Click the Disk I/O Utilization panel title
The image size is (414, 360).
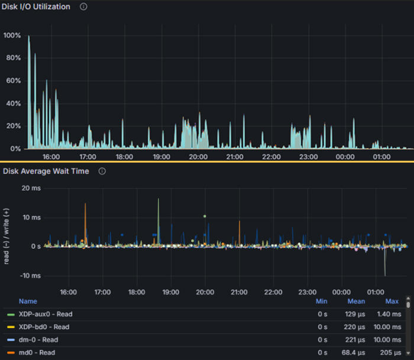(36, 7)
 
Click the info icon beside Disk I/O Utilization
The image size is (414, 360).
(83, 7)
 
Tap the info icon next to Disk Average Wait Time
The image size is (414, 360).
(102, 171)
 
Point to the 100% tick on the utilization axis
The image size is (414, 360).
(12, 35)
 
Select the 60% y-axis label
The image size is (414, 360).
(13, 80)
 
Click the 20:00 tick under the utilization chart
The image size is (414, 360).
(198, 157)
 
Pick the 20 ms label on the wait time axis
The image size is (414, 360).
(31, 188)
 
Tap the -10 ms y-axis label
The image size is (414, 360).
(30, 275)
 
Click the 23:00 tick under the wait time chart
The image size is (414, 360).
(308, 292)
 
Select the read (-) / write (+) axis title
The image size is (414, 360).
(7, 236)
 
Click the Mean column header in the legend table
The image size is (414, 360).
(356, 301)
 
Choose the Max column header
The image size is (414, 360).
(392, 301)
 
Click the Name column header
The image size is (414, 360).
(28, 301)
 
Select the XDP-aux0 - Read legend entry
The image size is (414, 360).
(46, 314)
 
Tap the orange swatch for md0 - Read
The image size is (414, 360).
(11, 352)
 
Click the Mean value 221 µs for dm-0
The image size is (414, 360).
(355, 340)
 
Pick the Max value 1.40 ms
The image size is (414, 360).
(389, 314)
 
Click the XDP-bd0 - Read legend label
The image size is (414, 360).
(44, 327)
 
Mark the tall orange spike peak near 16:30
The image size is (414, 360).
(85, 204)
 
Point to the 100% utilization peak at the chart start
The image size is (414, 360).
(29, 36)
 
